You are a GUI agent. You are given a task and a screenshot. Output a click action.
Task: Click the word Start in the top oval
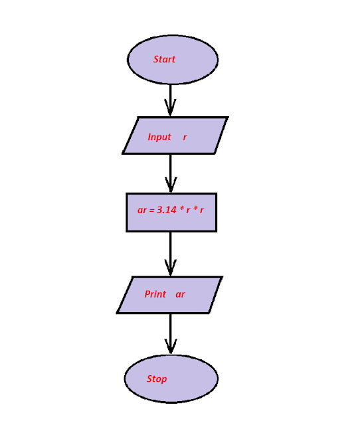[164, 59]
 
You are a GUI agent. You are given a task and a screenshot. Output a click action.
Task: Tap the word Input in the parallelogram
[159, 137]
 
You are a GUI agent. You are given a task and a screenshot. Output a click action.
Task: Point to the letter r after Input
[185, 137]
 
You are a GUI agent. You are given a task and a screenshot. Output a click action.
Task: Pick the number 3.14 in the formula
[166, 210]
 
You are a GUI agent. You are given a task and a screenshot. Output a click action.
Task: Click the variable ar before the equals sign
[142, 211]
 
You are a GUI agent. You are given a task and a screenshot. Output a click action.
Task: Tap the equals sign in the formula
[151, 211]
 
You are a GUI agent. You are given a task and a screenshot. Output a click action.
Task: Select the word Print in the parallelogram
[155, 294]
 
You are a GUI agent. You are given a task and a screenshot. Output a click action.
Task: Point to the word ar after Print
[180, 294]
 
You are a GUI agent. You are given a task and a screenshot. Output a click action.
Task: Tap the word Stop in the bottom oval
[157, 379]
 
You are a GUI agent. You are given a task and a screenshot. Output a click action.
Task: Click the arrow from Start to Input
[171, 98]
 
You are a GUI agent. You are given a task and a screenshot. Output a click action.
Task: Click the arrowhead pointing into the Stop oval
[171, 347]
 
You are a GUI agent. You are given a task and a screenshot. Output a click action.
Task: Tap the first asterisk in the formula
[181, 209]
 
